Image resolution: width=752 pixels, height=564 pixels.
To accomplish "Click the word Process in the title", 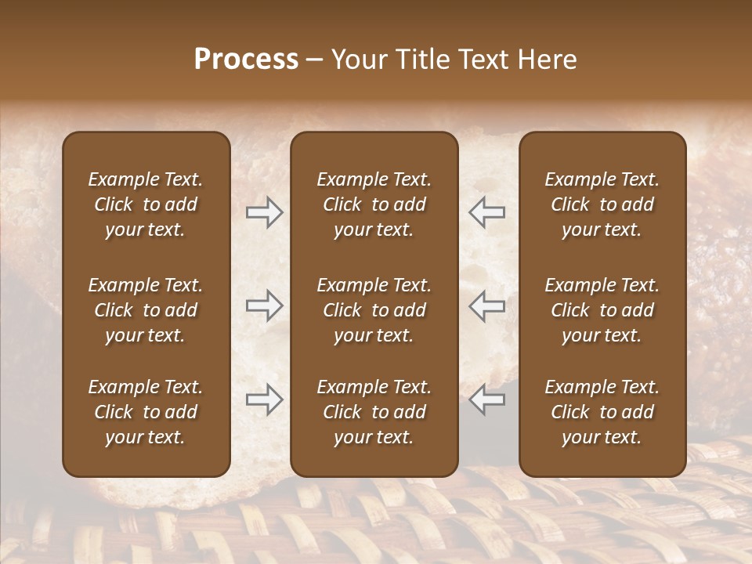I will (x=246, y=60).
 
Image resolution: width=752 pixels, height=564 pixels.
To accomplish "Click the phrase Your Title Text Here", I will (x=454, y=60).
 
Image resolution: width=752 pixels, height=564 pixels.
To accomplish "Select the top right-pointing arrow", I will (x=264, y=212).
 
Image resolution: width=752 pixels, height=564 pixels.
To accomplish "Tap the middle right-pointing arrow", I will (x=264, y=305).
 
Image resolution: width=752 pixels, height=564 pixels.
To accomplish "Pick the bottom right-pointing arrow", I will (x=264, y=399).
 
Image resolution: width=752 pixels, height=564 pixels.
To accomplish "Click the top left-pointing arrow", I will (x=487, y=212).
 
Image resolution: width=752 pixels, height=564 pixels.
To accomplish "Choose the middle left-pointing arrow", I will (x=487, y=305).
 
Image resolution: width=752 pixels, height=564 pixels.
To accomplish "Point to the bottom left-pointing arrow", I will (x=487, y=399).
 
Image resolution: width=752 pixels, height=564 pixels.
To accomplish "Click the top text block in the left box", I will (x=146, y=204).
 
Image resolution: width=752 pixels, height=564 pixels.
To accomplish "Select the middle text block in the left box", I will (x=146, y=310).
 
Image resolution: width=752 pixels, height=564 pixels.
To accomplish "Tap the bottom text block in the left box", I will (x=146, y=412).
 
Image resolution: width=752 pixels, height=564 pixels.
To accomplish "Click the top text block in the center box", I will (x=374, y=204).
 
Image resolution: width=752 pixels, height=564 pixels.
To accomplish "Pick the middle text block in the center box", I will (x=374, y=310).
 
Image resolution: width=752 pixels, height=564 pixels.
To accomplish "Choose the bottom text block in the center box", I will (x=374, y=412).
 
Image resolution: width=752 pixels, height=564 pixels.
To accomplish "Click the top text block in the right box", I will (x=602, y=204).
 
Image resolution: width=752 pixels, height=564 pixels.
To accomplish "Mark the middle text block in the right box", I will (x=602, y=310).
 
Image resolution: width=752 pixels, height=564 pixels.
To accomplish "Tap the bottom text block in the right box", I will (x=602, y=412).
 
